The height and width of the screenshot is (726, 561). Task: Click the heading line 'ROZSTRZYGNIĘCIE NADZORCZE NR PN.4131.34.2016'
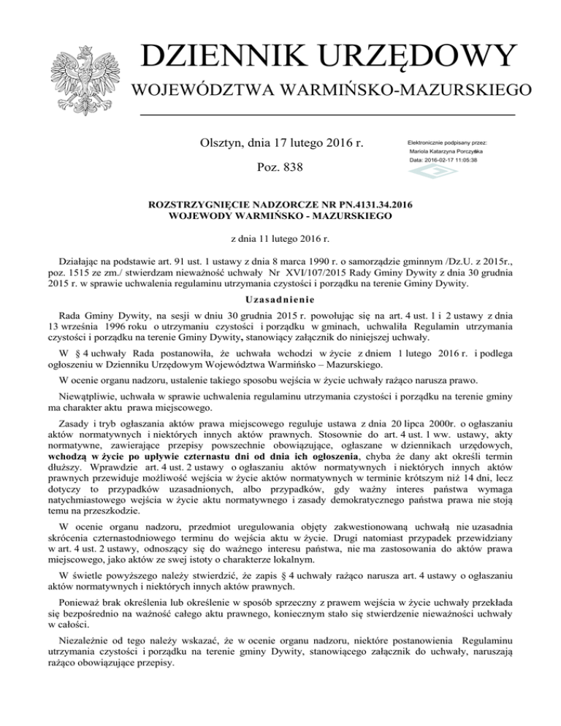click(281, 207)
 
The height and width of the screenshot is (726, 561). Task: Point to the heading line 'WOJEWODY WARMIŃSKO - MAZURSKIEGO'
click(281, 217)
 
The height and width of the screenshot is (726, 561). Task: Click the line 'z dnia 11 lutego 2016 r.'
click(281, 238)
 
